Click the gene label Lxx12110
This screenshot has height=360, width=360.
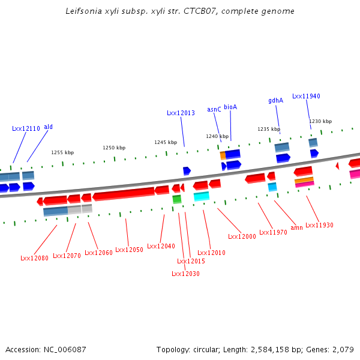26,128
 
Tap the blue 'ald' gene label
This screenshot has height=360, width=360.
48,127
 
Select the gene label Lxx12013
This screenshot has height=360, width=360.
181,113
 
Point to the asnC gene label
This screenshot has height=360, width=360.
214,109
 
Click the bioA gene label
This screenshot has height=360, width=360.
230,107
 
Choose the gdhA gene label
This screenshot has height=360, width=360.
275,100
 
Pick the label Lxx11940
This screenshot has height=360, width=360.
306,96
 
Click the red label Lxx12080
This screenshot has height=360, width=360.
34,258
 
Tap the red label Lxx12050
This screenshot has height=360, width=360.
129,250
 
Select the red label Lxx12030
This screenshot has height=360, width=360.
185,274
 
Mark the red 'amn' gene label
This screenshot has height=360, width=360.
296,228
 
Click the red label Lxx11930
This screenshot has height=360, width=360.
319,225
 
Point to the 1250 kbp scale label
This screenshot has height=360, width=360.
114,148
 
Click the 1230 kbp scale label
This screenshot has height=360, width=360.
320,121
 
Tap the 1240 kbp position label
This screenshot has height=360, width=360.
217,136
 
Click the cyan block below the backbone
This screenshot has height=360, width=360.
202,196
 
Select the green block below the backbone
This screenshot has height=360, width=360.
176,199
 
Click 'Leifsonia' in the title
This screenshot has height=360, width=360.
82,11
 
